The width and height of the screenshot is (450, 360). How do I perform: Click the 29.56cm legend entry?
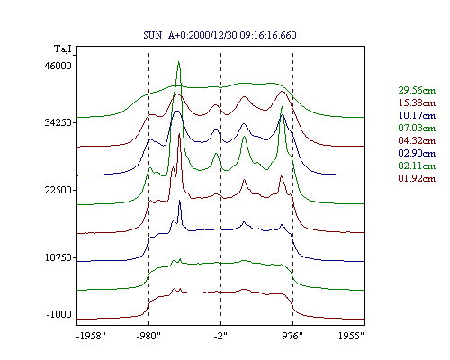pyautogui.click(x=417, y=90)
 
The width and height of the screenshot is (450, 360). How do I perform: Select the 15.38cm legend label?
pyautogui.click(x=417, y=103)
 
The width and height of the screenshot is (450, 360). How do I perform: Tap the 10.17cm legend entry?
pyautogui.click(x=417, y=115)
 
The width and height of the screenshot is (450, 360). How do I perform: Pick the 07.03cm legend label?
pyautogui.click(x=417, y=128)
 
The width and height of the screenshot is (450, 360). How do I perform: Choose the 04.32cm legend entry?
pyautogui.click(x=417, y=140)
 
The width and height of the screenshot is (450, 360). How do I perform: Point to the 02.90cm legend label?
pyautogui.click(x=417, y=153)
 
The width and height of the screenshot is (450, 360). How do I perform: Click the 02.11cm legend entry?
pyautogui.click(x=417, y=166)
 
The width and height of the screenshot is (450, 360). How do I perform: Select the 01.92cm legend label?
pyautogui.click(x=417, y=178)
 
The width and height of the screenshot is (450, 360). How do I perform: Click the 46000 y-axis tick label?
pyautogui.click(x=58, y=66)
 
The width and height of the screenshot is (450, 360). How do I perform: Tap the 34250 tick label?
pyautogui.click(x=58, y=122)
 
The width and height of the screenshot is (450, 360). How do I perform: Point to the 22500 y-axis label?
pyautogui.click(x=58, y=190)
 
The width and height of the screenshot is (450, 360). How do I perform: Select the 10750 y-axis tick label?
pyautogui.click(x=58, y=257)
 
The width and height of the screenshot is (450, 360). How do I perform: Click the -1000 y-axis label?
pyautogui.click(x=59, y=314)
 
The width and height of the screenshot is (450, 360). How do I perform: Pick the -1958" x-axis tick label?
pyautogui.click(x=91, y=336)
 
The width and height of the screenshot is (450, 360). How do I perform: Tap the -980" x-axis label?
pyautogui.click(x=148, y=336)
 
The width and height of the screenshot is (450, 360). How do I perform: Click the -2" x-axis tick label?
pyautogui.click(x=220, y=336)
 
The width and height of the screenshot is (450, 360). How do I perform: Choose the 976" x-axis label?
pyautogui.click(x=292, y=336)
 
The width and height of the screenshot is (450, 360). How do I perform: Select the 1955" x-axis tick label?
pyautogui.click(x=351, y=336)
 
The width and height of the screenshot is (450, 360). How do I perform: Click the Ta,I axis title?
pyautogui.click(x=63, y=49)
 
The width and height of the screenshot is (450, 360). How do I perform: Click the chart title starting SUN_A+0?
pyautogui.click(x=220, y=35)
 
